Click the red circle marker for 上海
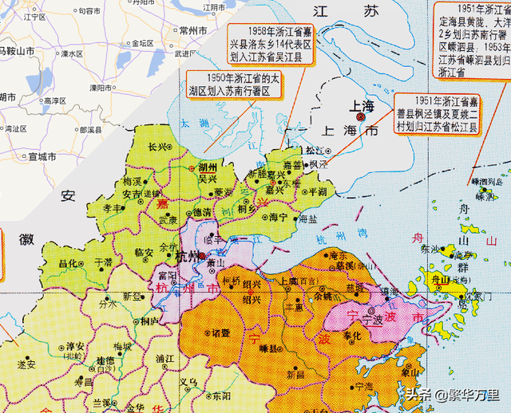click(x=361, y=117)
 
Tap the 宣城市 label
click(x=40, y=157)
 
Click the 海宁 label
click(x=279, y=217)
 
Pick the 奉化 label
click(x=351, y=335)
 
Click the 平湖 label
click(x=317, y=191)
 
